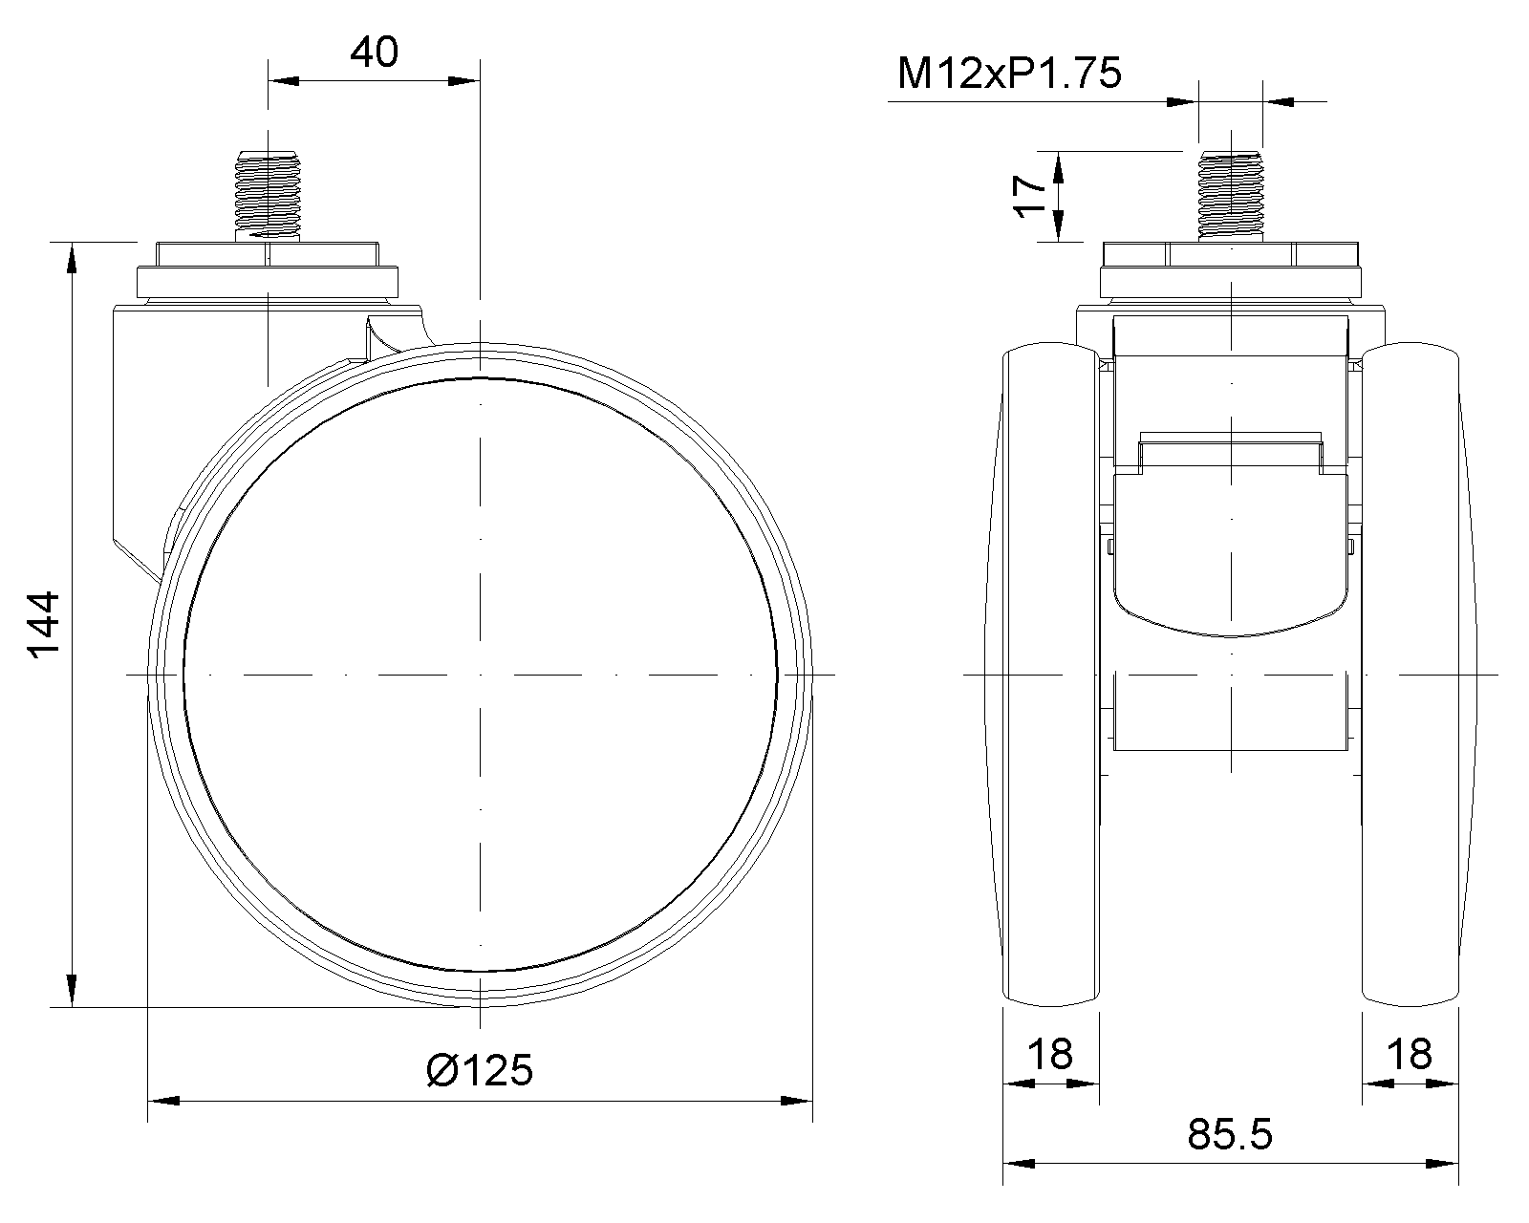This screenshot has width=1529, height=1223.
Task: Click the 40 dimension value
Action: (375, 53)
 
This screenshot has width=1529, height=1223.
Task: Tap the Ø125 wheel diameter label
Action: (480, 1070)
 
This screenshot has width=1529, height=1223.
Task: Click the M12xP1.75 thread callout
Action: (1010, 74)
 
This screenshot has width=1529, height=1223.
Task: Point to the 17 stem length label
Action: (1030, 196)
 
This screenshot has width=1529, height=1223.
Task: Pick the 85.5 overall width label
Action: (1230, 1134)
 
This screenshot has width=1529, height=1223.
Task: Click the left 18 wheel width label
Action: (1050, 1054)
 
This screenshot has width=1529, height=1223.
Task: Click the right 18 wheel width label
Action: (1410, 1054)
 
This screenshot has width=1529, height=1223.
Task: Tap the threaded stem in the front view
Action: (1231, 196)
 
